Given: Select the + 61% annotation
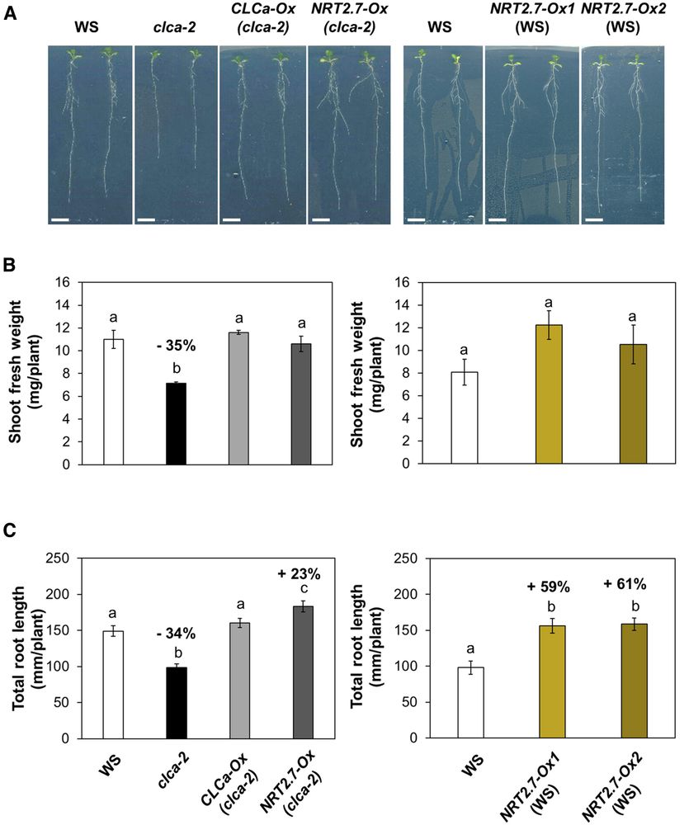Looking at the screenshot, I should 625,584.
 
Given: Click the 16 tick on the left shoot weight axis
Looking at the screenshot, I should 74,281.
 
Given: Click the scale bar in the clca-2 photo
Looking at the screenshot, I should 146,220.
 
